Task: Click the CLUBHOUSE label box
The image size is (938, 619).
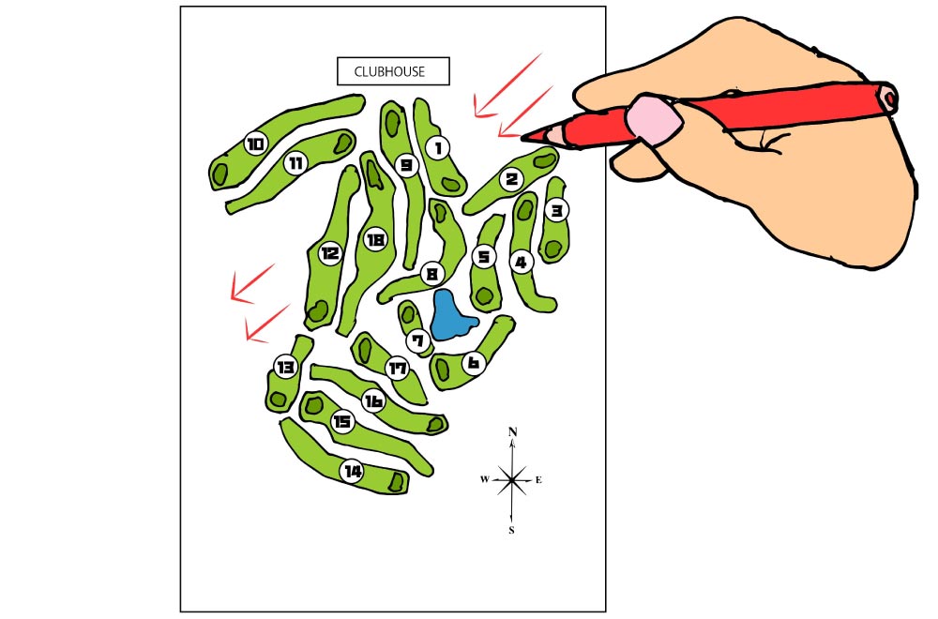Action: (x=393, y=71)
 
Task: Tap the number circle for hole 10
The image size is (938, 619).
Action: (x=255, y=143)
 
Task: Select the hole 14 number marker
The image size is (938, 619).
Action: (x=352, y=471)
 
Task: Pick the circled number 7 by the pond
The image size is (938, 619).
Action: (x=417, y=341)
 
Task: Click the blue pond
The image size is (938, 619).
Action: (x=452, y=315)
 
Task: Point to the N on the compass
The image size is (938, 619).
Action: (x=512, y=431)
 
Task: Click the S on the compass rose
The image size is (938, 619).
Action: (x=511, y=530)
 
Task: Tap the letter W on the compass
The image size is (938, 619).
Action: (x=485, y=479)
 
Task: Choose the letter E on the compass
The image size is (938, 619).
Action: (x=538, y=479)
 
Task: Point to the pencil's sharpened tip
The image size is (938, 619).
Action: (x=522, y=138)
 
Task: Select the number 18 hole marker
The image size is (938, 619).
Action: (x=375, y=240)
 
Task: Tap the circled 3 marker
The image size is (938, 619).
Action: (x=556, y=210)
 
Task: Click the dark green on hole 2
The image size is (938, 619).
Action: (x=544, y=160)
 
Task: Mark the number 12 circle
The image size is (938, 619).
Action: (x=329, y=253)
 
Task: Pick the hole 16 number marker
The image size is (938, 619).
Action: (x=373, y=400)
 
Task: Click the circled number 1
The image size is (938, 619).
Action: (x=438, y=147)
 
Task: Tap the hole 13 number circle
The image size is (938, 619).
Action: (x=285, y=367)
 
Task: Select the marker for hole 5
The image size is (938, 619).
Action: (x=483, y=257)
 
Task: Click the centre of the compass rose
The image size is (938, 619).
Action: (x=512, y=479)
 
